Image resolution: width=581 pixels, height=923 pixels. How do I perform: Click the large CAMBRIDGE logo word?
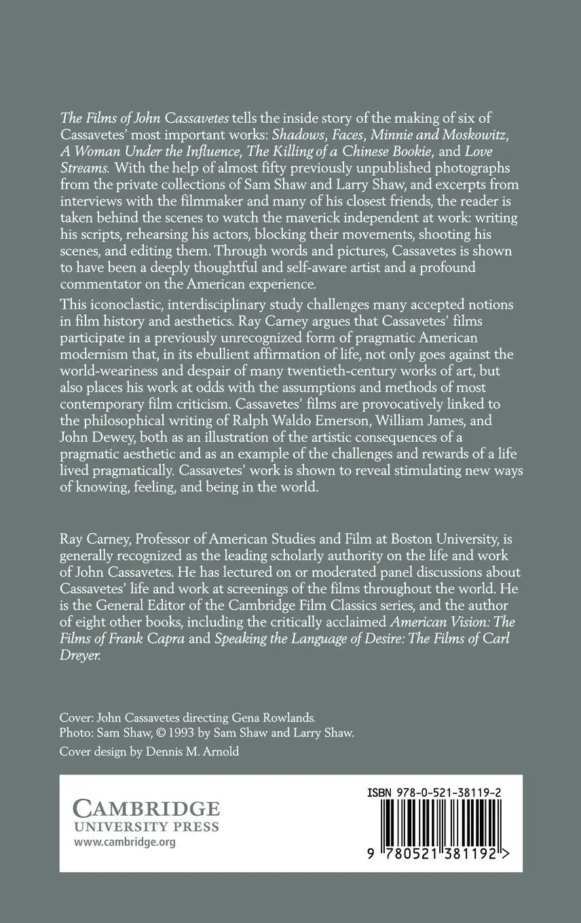tap(147, 809)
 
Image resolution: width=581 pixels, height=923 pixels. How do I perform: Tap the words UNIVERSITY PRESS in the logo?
tap(146, 827)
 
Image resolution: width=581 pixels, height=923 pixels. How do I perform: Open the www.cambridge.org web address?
tap(124, 843)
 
